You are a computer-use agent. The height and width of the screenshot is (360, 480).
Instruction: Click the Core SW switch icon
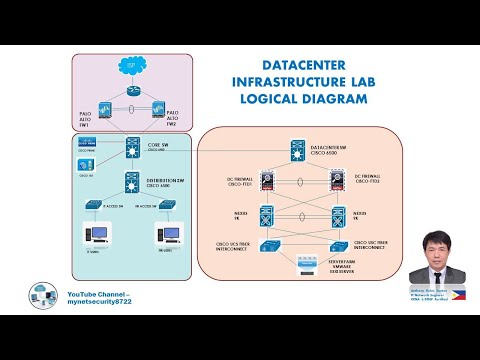click(x=131, y=146)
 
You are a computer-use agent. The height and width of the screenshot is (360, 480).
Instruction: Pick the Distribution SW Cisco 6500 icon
click(x=130, y=183)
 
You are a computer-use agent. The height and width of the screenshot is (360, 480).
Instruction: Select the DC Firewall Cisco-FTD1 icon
click(x=267, y=180)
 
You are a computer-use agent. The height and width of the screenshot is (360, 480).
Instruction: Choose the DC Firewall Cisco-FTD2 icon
click(x=337, y=180)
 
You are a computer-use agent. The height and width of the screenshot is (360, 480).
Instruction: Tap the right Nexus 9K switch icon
click(x=337, y=215)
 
